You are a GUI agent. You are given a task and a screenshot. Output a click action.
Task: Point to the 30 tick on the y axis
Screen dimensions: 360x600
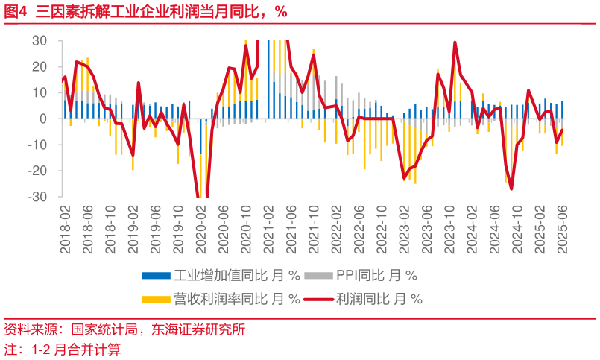38,40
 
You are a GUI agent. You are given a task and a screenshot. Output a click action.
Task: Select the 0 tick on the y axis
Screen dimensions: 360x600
42,119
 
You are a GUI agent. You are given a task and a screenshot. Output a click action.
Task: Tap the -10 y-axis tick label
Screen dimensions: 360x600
37,145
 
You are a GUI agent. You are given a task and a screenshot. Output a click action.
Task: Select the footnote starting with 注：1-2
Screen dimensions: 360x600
63,349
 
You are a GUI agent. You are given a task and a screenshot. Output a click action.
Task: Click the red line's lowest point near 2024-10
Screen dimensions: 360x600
511,189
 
